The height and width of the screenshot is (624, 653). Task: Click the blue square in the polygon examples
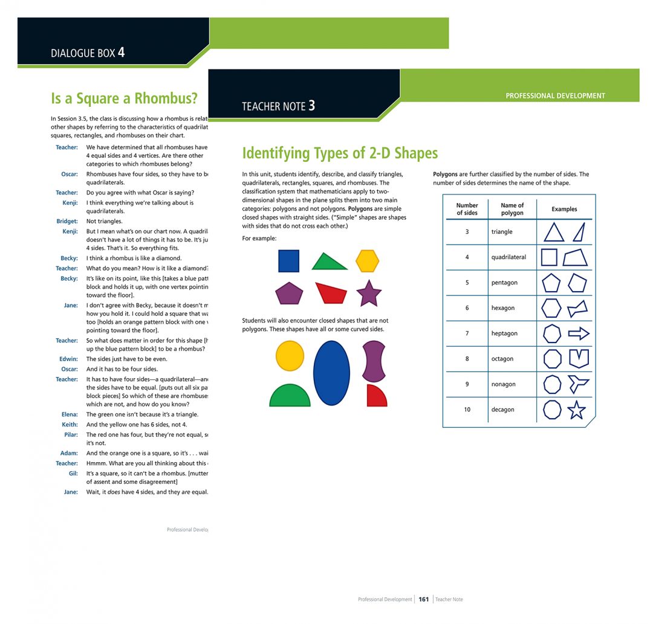pos(288,261)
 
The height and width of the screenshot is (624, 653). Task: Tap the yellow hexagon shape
pos(367,261)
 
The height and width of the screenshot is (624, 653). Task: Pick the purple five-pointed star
pos(369,294)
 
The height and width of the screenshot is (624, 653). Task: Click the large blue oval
pos(331,373)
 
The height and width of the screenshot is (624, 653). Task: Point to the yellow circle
pos(290,355)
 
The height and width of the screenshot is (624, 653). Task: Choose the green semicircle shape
pos(290,396)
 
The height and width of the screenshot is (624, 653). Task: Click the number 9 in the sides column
pos(467,384)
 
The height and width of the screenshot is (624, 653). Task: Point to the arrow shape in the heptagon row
pos(579,333)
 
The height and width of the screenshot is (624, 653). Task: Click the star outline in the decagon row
pos(577,410)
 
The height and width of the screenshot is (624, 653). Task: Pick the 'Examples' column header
pos(564,209)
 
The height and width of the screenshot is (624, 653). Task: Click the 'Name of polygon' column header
pos(512,209)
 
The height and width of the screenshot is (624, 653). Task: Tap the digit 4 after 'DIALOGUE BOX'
pos(122,53)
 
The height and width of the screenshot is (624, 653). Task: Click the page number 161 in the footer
pos(424,599)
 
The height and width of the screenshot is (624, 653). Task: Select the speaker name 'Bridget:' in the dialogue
pos(67,222)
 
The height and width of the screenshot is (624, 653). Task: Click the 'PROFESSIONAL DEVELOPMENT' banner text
pos(555,95)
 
